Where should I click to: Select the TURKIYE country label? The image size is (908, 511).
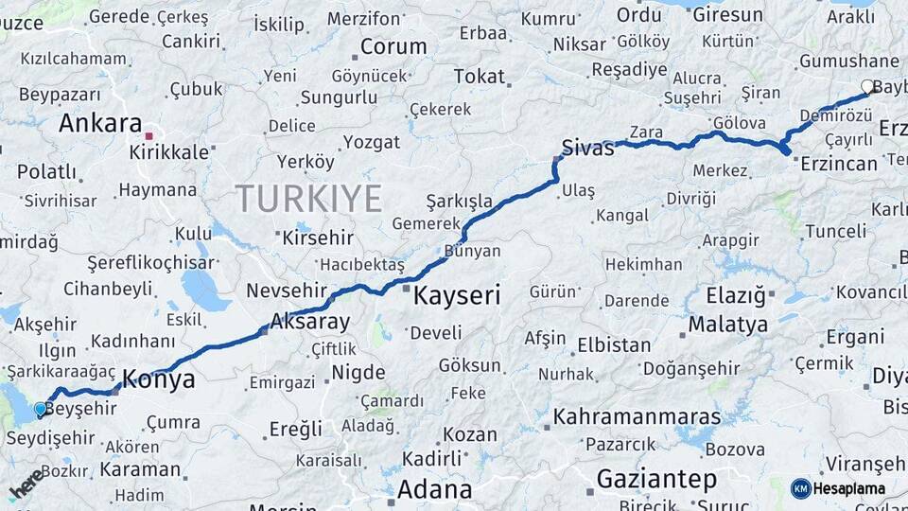click(308, 199)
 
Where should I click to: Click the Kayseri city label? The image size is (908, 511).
click(456, 295)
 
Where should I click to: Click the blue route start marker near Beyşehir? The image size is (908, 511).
click(40, 409)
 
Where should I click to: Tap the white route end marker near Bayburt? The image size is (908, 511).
click(867, 87)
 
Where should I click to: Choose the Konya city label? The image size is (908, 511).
click(159, 379)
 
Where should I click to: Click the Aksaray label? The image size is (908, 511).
click(309, 321)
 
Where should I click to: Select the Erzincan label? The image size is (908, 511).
click(838, 164)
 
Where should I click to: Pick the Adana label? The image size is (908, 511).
click(434, 490)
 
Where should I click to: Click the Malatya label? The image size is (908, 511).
click(727, 325)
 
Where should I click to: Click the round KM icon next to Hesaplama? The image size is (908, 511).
click(801, 488)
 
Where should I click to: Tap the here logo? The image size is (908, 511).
click(26, 483)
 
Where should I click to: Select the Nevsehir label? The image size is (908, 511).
click(288, 291)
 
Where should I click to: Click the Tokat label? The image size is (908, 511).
click(480, 77)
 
